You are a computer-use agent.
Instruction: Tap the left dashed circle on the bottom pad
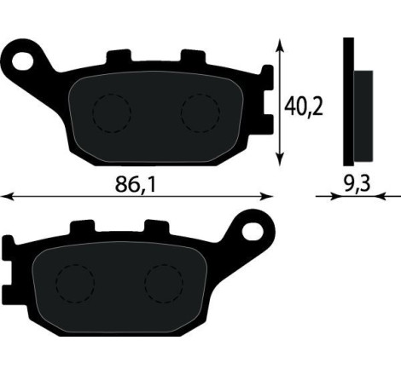[x=75, y=282]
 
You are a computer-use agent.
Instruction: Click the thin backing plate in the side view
[x=347, y=102]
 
